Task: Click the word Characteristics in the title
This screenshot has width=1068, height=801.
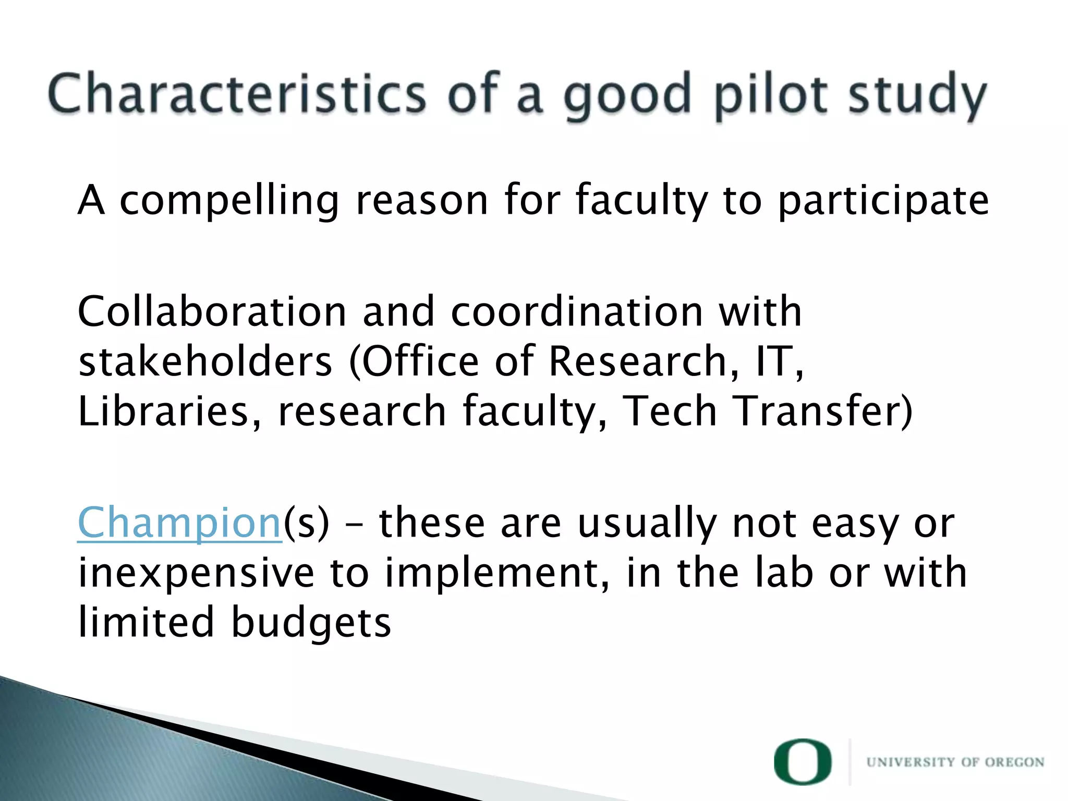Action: coord(237,94)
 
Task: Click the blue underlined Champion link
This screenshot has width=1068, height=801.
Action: coord(180,523)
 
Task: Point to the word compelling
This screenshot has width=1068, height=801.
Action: coord(229,201)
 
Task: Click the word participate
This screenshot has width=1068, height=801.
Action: coord(883,201)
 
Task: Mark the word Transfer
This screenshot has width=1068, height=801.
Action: coord(819,411)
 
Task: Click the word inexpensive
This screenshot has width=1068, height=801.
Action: coord(196,573)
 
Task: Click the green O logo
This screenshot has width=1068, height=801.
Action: coord(803,762)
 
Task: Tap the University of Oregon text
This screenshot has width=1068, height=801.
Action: coord(955,762)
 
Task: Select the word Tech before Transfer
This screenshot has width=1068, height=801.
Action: coord(670,411)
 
